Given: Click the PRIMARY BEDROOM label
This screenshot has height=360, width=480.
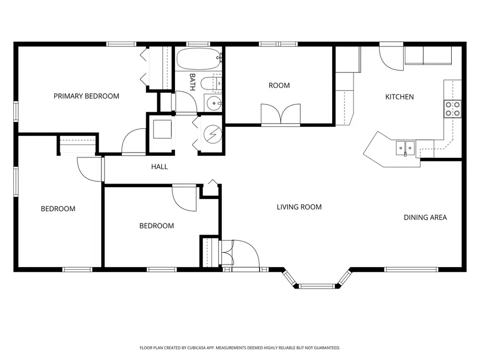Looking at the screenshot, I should (x=86, y=96).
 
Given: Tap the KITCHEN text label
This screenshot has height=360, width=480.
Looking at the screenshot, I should (x=399, y=97).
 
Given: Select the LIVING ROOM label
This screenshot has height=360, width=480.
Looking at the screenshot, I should (x=299, y=207).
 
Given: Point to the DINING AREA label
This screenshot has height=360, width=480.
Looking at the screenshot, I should (x=425, y=217).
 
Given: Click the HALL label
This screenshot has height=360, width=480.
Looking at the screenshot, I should (x=159, y=167).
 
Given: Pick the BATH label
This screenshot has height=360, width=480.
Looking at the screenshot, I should (x=193, y=82).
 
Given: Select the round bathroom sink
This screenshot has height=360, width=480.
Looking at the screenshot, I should (x=214, y=103).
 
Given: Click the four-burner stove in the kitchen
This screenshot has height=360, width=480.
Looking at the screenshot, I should (x=453, y=109).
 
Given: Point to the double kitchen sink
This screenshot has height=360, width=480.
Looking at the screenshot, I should (x=405, y=147).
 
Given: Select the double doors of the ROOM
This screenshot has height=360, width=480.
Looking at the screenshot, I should (x=281, y=114).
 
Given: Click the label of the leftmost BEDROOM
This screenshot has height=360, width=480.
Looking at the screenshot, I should (x=58, y=209).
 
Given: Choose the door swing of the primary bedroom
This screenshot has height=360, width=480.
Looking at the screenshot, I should (x=133, y=141).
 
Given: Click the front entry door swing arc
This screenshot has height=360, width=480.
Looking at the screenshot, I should (x=244, y=253).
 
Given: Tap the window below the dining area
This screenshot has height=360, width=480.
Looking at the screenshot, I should (x=411, y=269).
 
